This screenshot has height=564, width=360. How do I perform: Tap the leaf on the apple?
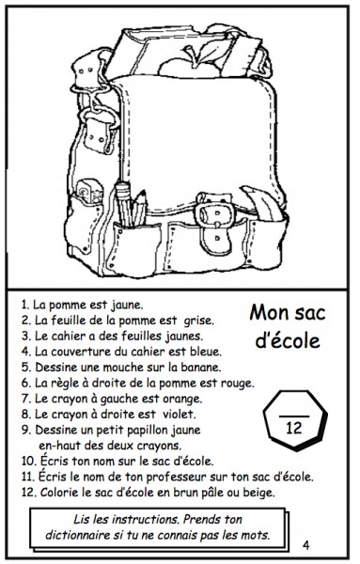coord(213,51)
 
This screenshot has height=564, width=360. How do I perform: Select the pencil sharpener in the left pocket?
coord(89,192)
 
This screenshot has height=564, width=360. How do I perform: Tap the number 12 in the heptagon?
coord(294,428)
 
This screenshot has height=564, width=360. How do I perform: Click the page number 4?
coord(305,545)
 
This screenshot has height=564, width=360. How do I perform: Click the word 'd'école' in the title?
coord(288,340)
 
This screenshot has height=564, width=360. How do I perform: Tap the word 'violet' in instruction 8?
coord(179,414)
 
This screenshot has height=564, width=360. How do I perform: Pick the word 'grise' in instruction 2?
coord(198,321)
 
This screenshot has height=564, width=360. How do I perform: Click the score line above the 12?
coord(294,416)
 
